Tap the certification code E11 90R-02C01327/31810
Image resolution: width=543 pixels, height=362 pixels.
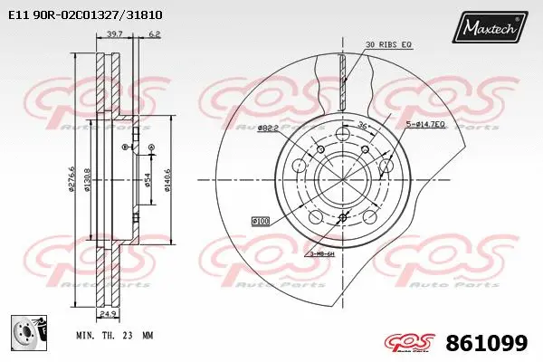pyautogui.click(x=86, y=14)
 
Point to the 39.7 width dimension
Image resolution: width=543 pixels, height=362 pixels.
pyautogui.click(x=114, y=34)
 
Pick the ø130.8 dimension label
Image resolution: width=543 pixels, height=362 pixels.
pyautogui.click(x=87, y=181)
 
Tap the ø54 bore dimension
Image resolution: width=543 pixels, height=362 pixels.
pyautogui.click(x=148, y=182)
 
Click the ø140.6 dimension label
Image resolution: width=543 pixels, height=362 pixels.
pyautogui.click(x=167, y=183)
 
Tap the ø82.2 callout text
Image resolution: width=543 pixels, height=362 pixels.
pyautogui.click(x=266, y=128)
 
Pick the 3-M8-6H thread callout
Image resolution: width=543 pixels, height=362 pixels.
pyautogui.click(x=321, y=254)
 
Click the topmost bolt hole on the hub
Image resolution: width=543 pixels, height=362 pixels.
pyautogui.click(x=342, y=135)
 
